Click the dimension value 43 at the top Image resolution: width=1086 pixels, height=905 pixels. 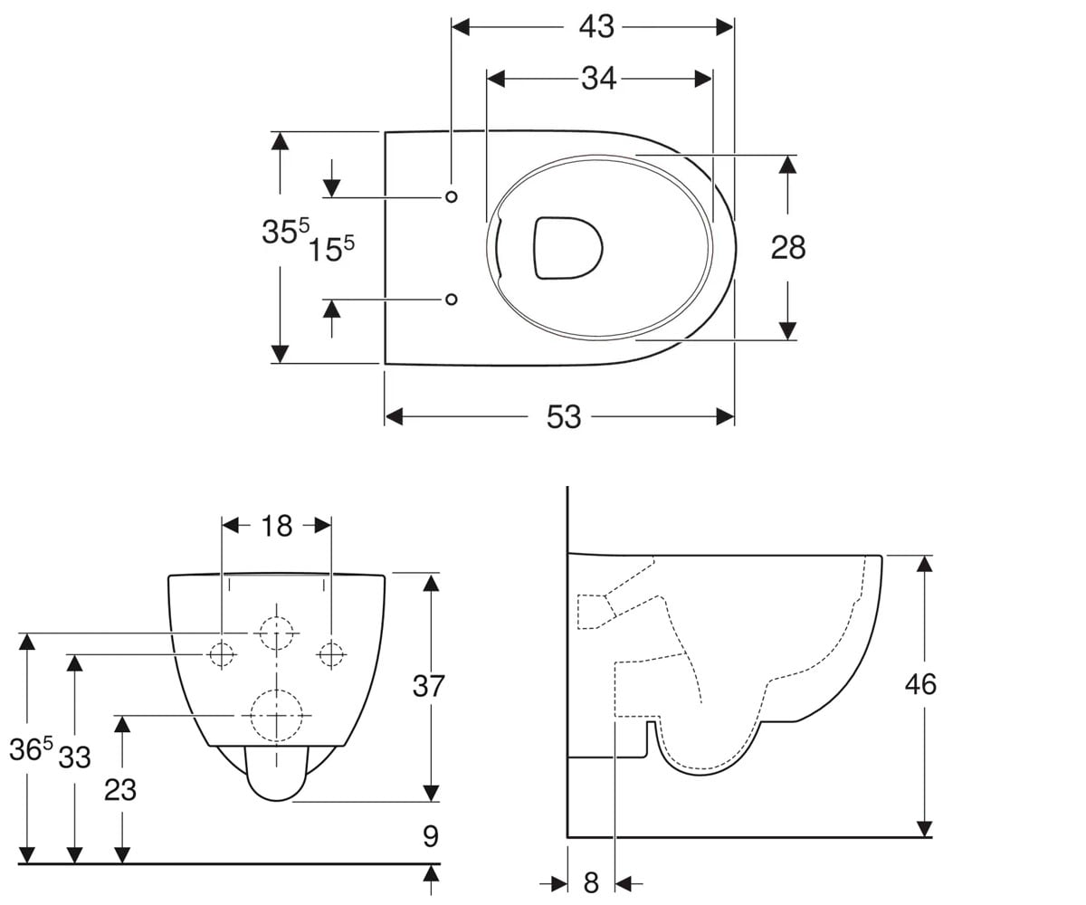(x=596, y=26)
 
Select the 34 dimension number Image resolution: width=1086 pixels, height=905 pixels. (x=598, y=79)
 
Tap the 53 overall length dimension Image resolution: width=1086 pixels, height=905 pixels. (x=564, y=416)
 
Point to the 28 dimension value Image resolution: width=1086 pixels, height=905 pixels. (x=788, y=248)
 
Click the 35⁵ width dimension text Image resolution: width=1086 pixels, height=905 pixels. (x=286, y=231)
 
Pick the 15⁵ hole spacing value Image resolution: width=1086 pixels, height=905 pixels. (x=331, y=249)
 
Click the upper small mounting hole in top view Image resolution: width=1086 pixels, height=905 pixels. (x=452, y=196)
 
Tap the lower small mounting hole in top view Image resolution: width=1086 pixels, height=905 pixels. (x=452, y=299)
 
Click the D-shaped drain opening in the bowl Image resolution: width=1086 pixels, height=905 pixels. (x=567, y=249)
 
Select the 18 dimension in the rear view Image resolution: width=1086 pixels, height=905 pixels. (x=277, y=526)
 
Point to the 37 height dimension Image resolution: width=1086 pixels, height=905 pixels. (x=429, y=686)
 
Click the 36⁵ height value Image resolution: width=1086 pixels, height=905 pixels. (x=31, y=749)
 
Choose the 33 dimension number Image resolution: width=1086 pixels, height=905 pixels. (x=75, y=757)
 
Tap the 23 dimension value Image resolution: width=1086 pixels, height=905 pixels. (x=120, y=790)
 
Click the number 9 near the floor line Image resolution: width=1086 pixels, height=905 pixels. (x=431, y=836)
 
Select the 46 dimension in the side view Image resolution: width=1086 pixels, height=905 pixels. (x=920, y=684)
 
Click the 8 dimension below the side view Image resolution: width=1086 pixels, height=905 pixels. (x=591, y=882)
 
